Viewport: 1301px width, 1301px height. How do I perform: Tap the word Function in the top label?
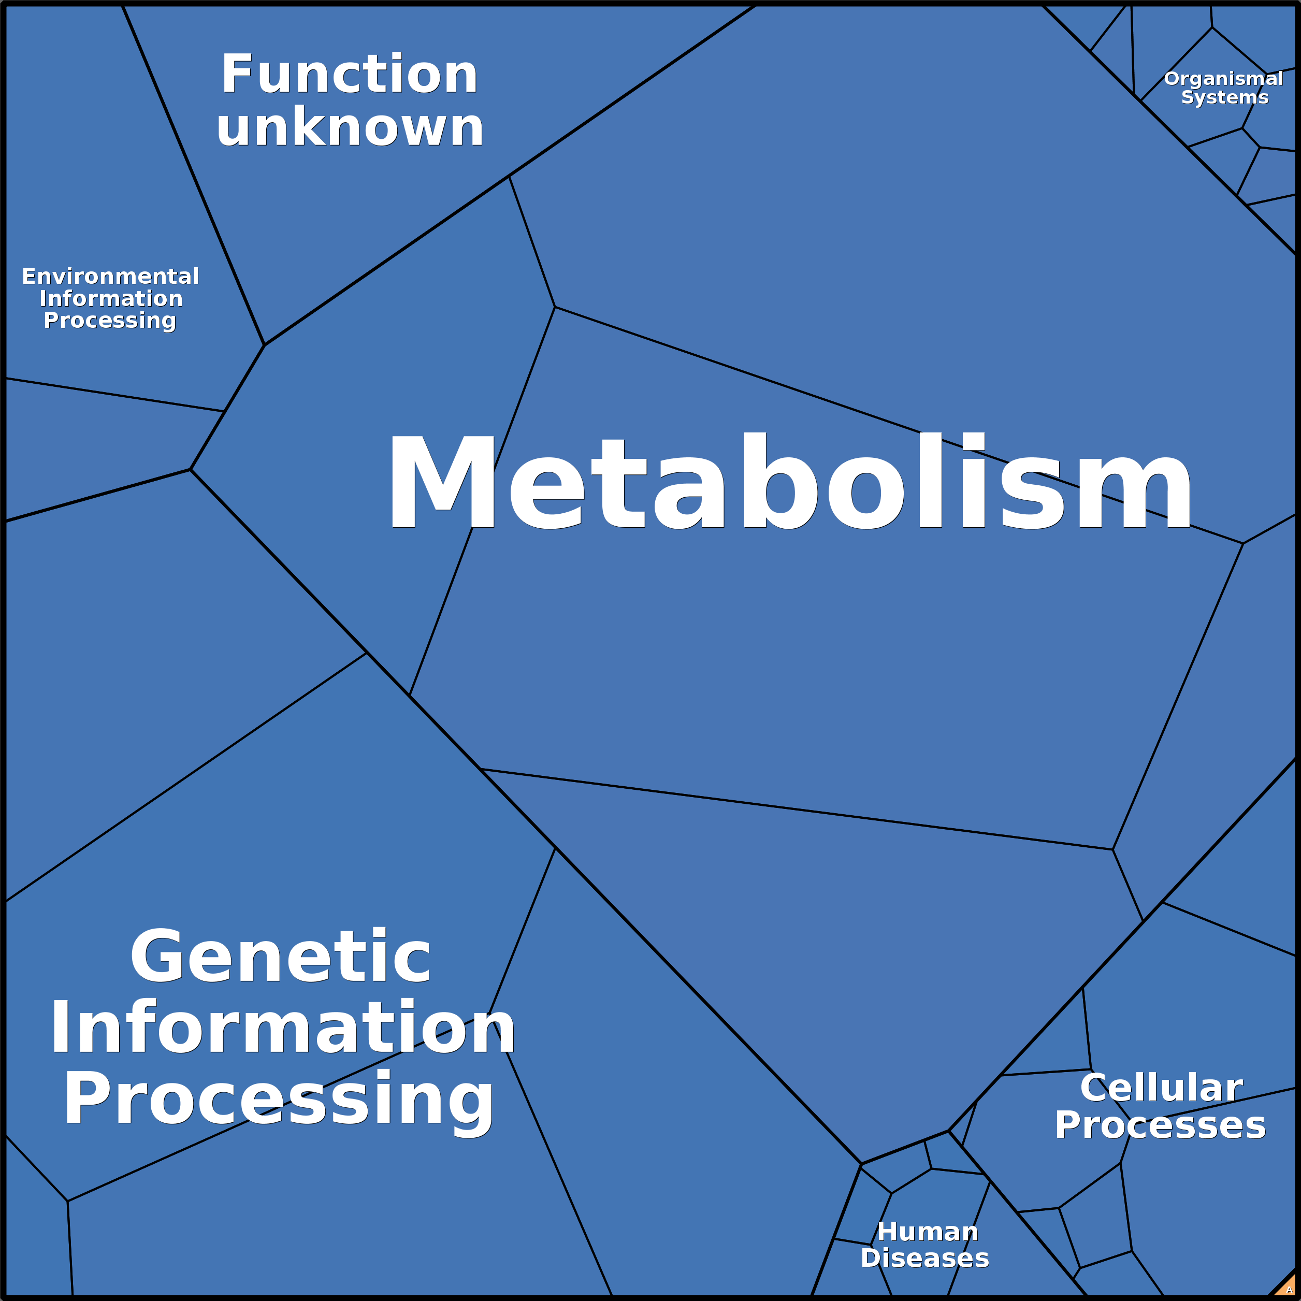(349, 74)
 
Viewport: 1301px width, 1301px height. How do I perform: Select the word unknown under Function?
(349, 128)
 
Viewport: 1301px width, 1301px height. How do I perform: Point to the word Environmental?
(110, 276)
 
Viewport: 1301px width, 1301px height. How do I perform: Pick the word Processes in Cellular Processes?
(1160, 1125)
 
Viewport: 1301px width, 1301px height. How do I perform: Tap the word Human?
(927, 1232)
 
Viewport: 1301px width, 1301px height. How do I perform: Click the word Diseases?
(924, 1258)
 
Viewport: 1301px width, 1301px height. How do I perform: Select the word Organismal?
(1223, 79)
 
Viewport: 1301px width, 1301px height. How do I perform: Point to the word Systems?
(1224, 98)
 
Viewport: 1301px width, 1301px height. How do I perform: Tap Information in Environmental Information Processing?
(110, 298)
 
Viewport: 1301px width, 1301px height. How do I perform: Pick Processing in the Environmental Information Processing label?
(110, 321)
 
